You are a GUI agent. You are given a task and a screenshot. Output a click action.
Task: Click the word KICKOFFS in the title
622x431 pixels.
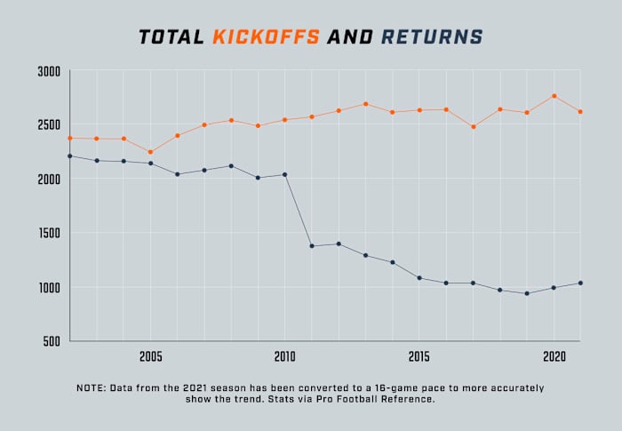click(266, 37)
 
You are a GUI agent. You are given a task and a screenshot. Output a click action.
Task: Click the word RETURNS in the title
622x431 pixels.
click(433, 37)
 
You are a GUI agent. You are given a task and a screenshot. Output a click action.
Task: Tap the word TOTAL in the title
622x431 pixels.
click(171, 37)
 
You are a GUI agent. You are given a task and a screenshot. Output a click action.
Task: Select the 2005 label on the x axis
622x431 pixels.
click(150, 356)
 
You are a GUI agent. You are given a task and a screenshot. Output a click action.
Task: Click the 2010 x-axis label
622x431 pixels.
click(284, 356)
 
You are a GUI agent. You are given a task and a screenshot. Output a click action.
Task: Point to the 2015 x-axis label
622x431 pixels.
click(419, 356)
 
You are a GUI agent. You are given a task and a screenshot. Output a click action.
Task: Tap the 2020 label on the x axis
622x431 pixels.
click(554, 356)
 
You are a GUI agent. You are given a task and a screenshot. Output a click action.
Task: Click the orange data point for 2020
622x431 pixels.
click(554, 96)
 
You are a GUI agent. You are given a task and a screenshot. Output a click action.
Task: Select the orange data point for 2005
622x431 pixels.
click(150, 152)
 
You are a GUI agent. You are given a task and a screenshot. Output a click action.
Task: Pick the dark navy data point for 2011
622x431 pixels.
click(311, 246)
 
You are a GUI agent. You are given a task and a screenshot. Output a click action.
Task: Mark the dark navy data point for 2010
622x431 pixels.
click(284, 174)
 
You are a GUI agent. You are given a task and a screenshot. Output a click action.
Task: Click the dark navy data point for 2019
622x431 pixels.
click(527, 293)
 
